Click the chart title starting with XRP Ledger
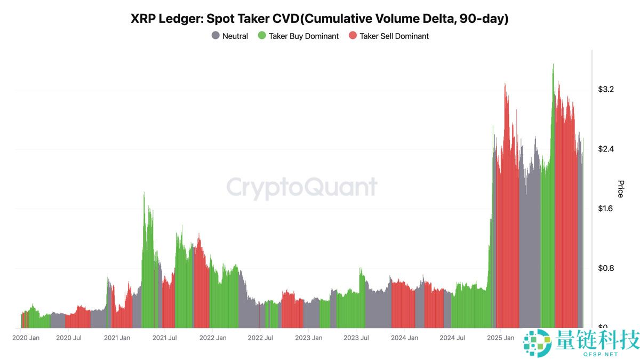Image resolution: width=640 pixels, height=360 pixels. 319,19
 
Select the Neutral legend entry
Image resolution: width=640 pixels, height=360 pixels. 235,36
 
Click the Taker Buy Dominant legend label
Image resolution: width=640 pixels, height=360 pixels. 303,36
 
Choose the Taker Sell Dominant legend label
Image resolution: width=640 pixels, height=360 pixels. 394,36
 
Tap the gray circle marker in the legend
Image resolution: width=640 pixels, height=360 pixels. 215,36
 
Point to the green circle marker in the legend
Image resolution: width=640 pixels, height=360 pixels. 261,36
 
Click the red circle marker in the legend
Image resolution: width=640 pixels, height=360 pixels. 353,36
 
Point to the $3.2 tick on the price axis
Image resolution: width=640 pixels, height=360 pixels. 606,89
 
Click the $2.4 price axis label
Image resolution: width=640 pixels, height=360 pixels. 606,149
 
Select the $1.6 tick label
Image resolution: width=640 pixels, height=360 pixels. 606,209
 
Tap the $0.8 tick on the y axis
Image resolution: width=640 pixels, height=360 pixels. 606,268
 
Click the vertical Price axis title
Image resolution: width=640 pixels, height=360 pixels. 620,189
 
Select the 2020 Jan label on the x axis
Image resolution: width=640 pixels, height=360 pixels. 26,338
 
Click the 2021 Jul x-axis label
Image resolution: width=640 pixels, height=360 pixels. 165,338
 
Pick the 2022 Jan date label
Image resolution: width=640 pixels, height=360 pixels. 213,338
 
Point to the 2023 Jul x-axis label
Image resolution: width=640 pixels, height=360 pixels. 356,338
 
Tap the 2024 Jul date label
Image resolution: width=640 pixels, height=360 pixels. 452,338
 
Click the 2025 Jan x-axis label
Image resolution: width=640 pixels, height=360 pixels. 500,338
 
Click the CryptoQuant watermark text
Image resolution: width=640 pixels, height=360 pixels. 302,188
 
